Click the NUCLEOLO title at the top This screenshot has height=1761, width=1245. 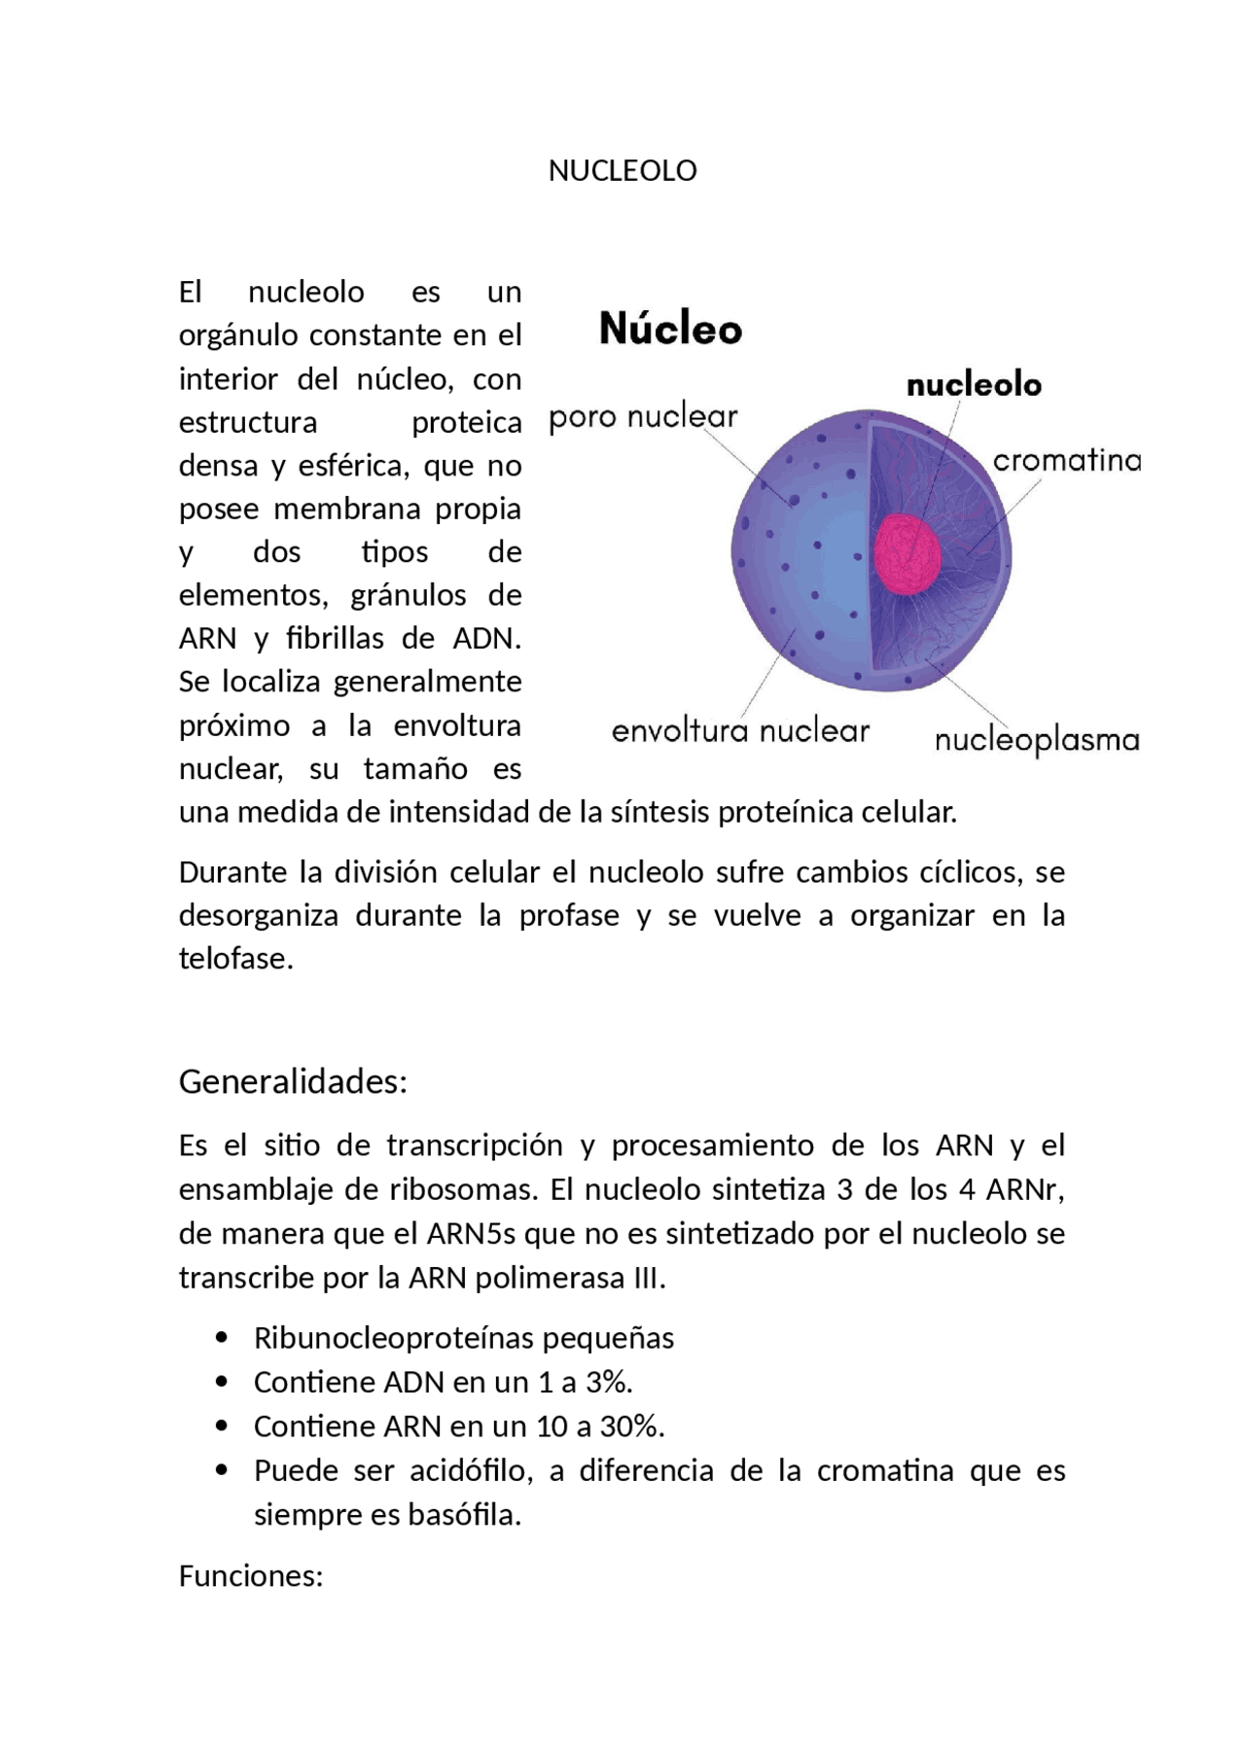tap(622, 171)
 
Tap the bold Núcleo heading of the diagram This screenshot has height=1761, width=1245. tap(670, 329)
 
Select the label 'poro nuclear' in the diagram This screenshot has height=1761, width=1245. tap(643, 418)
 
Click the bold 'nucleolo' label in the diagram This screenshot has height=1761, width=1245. tap(974, 385)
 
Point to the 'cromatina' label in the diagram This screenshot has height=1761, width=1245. tap(1067, 460)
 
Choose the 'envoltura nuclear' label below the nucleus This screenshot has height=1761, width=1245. tap(740, 731)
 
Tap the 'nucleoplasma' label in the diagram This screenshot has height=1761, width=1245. tap(1037, 741)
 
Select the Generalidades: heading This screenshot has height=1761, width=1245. tap(293, 1081)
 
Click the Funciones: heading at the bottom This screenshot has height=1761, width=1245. tap(250, 1575)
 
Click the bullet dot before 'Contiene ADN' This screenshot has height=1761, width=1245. tap(223, 1382)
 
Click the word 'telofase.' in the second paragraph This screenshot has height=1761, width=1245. tap(235, 959)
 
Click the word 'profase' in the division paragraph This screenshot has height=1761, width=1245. tap(569, 916)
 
